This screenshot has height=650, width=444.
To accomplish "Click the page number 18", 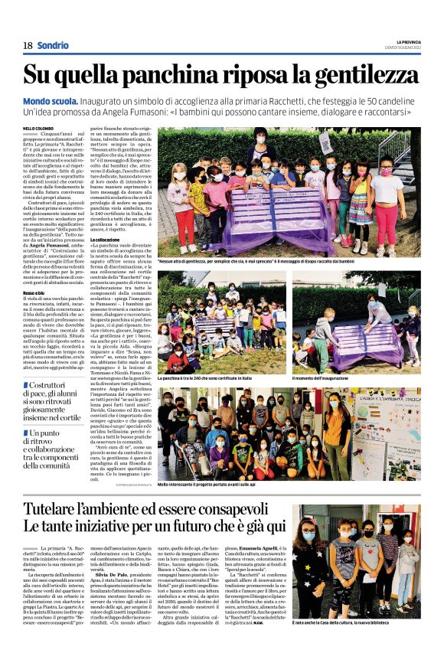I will pyautogui.click(x=28, y=45).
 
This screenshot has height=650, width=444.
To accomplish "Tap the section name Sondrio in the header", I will pyautogui.click(x=53, y=45).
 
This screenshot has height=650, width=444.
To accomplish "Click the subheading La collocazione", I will pyautogui.click(x=107, y=240).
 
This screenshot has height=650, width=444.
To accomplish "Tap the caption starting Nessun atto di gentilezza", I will pyautogui.click(x=295, y=261).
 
